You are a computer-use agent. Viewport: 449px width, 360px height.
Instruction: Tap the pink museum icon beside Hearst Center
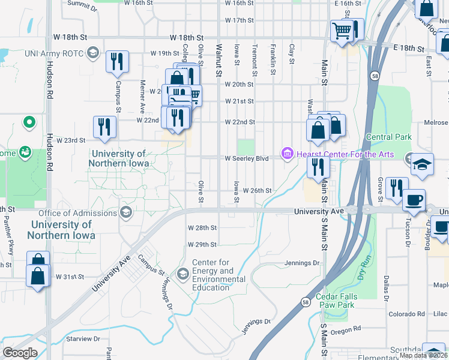pos(287,155)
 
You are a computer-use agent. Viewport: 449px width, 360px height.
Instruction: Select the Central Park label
pos(388,137)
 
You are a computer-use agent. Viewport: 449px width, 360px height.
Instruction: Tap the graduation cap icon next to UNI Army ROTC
pos(92,53)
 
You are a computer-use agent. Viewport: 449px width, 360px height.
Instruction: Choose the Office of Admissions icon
pos(126,212)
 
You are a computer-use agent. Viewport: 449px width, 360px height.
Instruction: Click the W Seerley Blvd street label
pos(246,158)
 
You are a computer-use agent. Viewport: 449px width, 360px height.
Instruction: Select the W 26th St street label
pos(258,190)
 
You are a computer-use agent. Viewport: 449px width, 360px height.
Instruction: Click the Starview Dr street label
pos(83,339)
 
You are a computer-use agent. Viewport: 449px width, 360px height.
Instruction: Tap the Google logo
pos(20,353)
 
